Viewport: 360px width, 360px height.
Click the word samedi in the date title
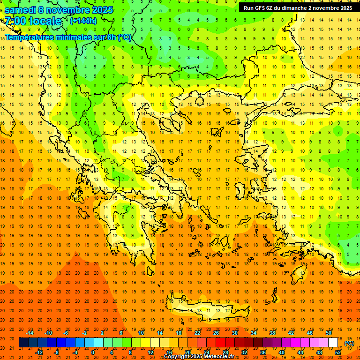pyautogui.click(x=21, y=10)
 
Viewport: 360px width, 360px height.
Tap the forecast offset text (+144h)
pyautogui.click(x=83, y=21)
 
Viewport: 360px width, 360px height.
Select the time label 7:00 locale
pyautogui.click(x=33, y=21)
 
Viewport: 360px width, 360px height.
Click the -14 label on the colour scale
pyautogui.click(x=30, y=333)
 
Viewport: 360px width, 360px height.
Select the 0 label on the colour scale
pyautogui.click(x=92, y=352)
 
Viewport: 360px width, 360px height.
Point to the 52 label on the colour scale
pyautogui.click(x=337, y=352)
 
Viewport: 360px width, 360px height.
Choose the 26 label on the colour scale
pyautogui.click(x=216, y=333)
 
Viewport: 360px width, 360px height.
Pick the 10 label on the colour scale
pyautogui.click(x=141, y=333)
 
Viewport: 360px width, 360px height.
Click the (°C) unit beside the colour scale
pyautogui.click(x=349, y=343)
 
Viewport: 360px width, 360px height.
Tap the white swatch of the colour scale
pyautogui.click(x=333, y=343)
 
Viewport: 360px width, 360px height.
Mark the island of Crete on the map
pyautogui.click(x=206, y=309)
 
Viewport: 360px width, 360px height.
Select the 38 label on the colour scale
pyautogui.click(x=272, y=333)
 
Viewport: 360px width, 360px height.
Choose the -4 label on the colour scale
pyautogui.click(x=74, y=352)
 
